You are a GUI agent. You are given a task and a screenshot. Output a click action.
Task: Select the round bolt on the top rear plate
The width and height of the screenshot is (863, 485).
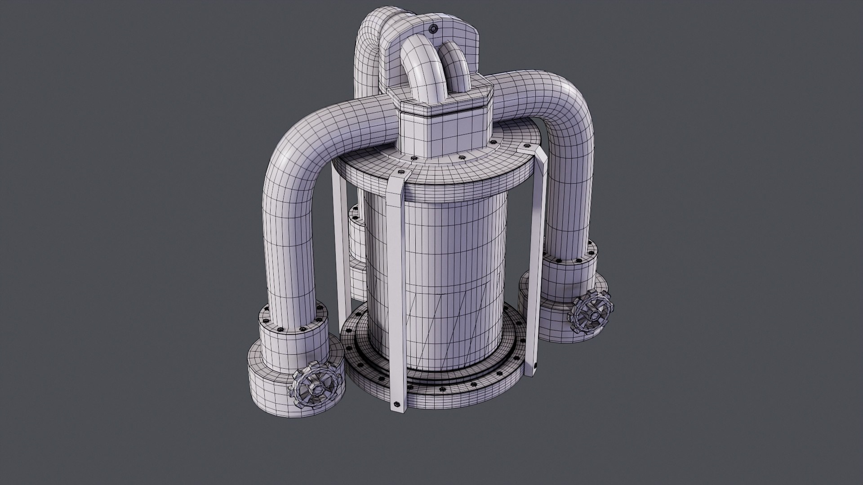pos(433,29)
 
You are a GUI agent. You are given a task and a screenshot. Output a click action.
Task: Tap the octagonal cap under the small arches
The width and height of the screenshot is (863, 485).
pos(445,104)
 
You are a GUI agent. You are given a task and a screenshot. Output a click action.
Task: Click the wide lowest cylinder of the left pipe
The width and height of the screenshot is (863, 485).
pos(270,386)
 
